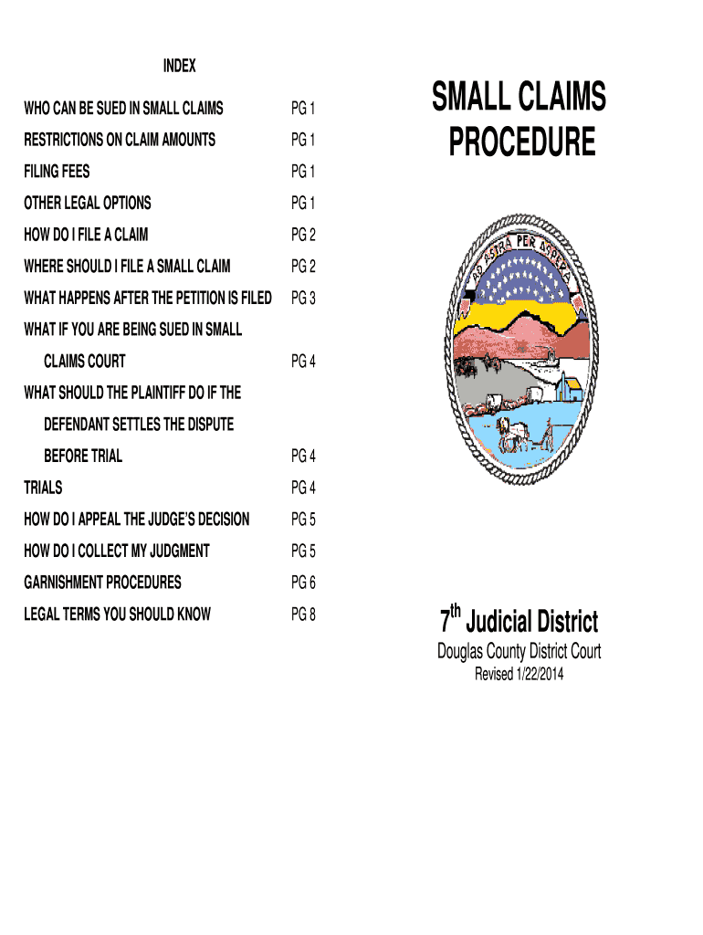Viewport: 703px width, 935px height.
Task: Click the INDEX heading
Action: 180,66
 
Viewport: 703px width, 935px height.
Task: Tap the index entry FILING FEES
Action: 57,172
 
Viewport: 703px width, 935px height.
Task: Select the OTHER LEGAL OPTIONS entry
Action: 88,204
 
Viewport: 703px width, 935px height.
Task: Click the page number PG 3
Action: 303,299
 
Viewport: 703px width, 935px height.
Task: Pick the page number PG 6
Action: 303,583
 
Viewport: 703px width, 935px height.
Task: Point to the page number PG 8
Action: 303,615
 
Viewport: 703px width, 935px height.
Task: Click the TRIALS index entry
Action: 43,488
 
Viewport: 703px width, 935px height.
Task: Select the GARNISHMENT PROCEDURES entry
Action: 102,583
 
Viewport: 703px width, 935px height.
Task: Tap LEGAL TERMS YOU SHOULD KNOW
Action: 118,615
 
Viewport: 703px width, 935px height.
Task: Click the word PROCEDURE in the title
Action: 521,142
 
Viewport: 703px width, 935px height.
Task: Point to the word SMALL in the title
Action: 470,97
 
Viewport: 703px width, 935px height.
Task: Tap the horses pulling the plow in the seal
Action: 513,434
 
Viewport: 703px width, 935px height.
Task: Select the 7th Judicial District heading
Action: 519,620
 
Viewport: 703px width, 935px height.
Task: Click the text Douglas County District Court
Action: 519,651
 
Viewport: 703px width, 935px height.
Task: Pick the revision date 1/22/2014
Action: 540,675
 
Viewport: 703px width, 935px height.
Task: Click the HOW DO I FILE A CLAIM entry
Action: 86,235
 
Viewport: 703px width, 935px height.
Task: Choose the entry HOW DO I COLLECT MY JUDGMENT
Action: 117,551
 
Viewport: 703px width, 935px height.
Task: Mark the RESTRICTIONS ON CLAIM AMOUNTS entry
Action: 120,140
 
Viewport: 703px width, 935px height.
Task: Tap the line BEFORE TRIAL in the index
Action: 83,457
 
